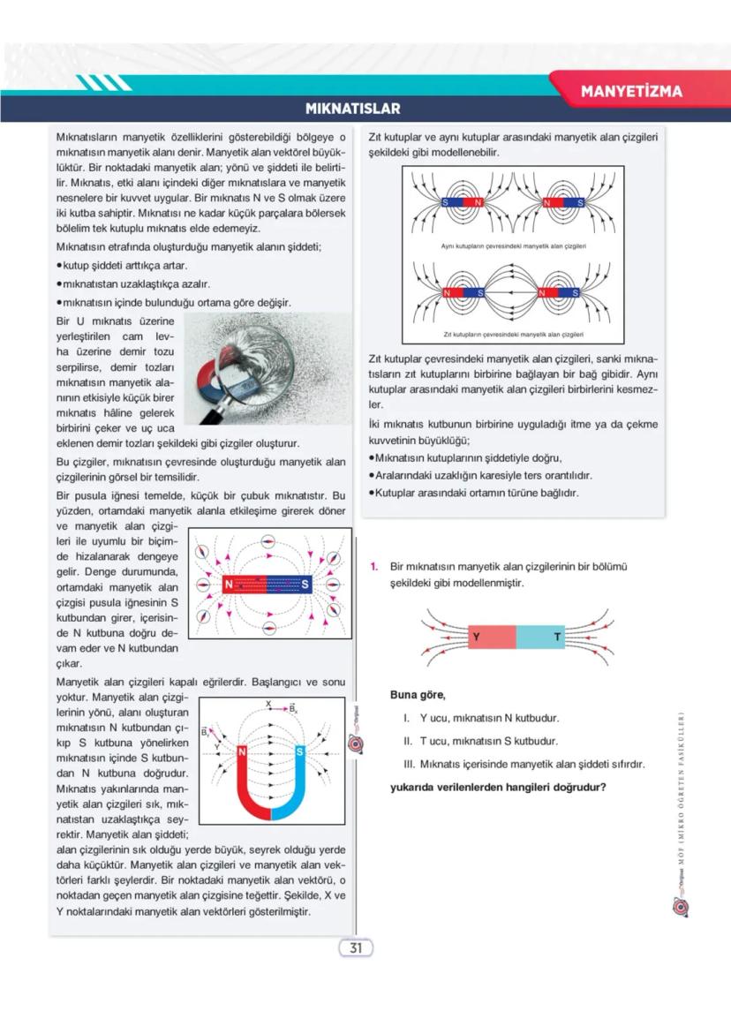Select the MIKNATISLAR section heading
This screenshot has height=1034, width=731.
pos(352,109)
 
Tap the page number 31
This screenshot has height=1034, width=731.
pos(357,947)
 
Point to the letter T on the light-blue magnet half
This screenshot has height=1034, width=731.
pos(557,637)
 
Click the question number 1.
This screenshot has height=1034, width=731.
pos(374,565)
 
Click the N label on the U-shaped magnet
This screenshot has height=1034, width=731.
pos(242,751)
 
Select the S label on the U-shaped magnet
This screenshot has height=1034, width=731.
pos(300,751)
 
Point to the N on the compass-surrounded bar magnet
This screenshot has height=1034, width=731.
pos(229,584)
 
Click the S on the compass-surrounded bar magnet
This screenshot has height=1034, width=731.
pos(305,584)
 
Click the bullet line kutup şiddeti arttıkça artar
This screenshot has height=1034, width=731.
pos(123,266)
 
